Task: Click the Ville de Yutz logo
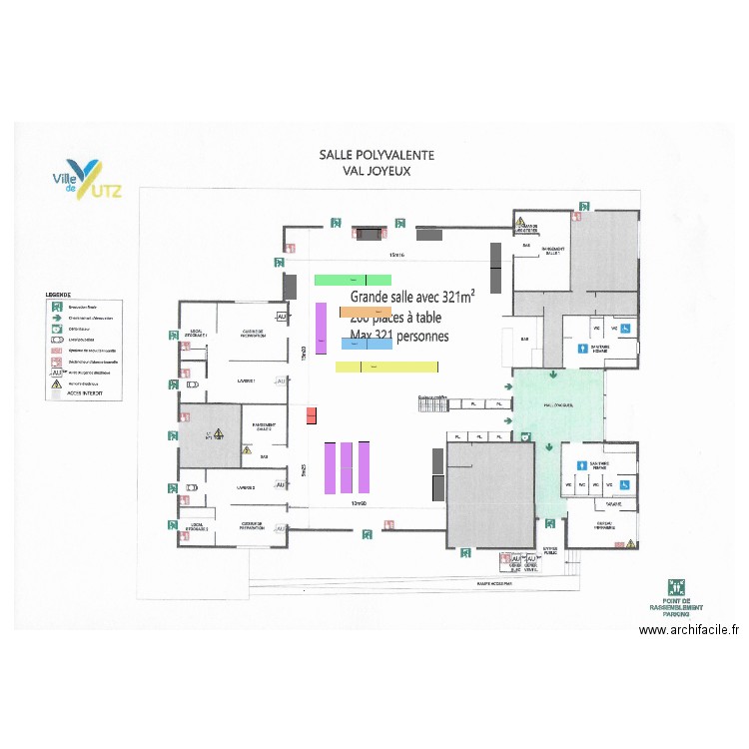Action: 86,179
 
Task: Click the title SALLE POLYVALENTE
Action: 375,155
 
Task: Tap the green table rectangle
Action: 353,280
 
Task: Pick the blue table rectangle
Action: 366,343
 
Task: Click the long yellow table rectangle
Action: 386,367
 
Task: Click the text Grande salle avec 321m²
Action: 412,296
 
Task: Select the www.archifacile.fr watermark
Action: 688,629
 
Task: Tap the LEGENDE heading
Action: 58,295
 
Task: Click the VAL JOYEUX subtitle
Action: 375,171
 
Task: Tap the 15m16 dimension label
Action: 396,255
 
